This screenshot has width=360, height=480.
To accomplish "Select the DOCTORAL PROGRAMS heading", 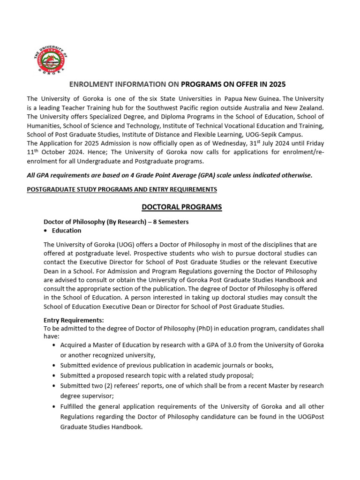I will (x=175, y=207).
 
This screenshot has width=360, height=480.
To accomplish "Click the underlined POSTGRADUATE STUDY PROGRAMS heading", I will (x=122, y=189).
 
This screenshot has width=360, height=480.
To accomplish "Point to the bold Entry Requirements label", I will (x=74, y=320).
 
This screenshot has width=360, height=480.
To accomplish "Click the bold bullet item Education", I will (x=67, y=231).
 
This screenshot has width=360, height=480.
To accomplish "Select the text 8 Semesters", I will (x=171, y=222).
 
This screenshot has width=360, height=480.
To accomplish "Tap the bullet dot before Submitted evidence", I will (x=55, y=365).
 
